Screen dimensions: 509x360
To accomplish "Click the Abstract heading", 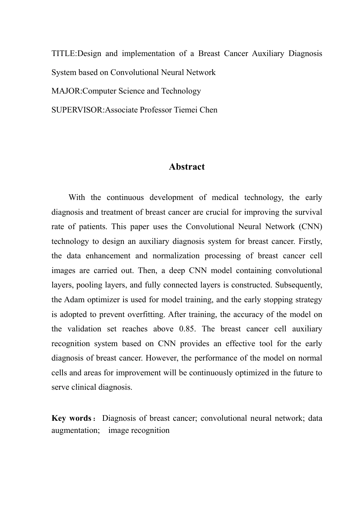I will pyautogui.click(x=186, y=167).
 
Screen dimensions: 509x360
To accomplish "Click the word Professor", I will pyautogui.click(x=156, y=110).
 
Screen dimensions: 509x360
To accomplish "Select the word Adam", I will pyautogui.click(x=74, y=300).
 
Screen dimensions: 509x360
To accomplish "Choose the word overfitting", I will pyautogui.click(x=146, y=315).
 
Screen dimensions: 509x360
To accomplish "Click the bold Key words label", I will pyautogui.click(x=71, y=418).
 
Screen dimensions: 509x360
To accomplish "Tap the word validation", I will pyautogui.click(x=85, y=329).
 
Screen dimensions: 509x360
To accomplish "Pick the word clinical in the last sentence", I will pyautogui.click(x=83, y=387).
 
